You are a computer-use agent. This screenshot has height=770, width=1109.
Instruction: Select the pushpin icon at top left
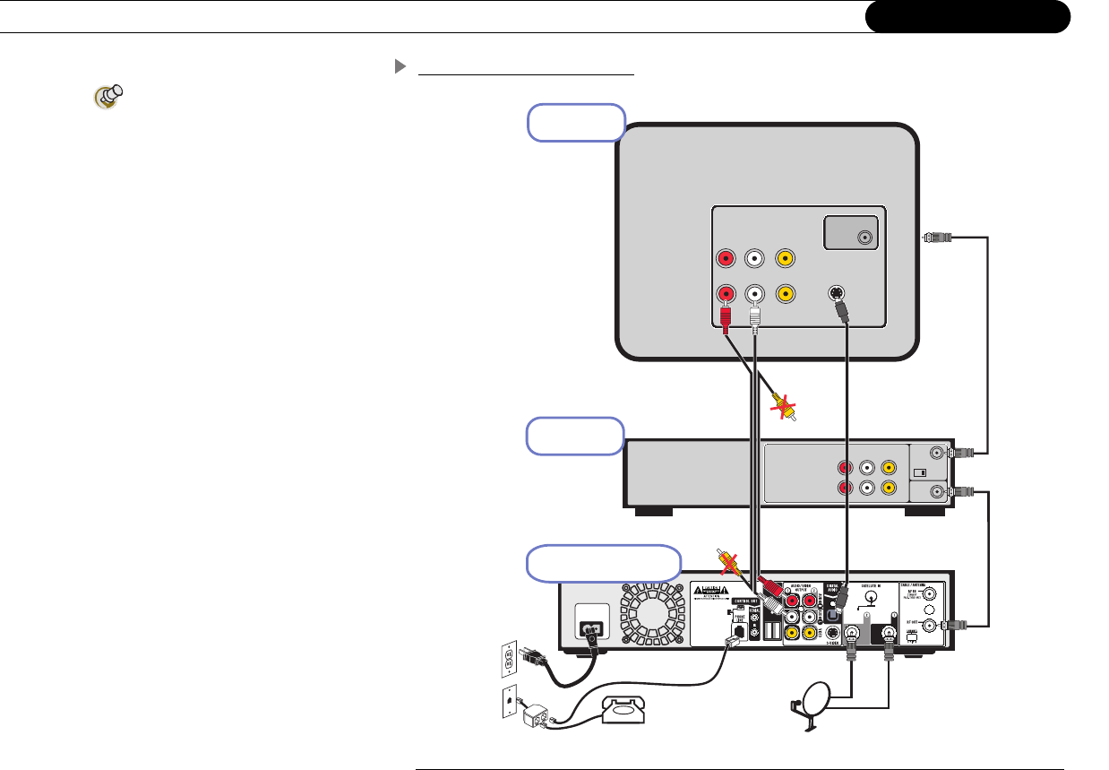(108, 97)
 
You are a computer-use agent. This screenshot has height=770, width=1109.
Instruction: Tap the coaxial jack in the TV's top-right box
(864, 238)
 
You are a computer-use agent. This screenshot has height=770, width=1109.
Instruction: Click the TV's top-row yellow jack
(785, 258)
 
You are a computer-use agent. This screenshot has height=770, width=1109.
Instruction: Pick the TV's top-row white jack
(756, 258)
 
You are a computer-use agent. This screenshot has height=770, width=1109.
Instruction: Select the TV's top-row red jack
(726, 258)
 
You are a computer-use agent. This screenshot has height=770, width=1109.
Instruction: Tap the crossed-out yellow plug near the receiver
(727, 562)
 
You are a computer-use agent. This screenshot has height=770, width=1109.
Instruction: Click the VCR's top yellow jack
(888, 467)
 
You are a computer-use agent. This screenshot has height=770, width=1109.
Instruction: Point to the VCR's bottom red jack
(844, 488)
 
